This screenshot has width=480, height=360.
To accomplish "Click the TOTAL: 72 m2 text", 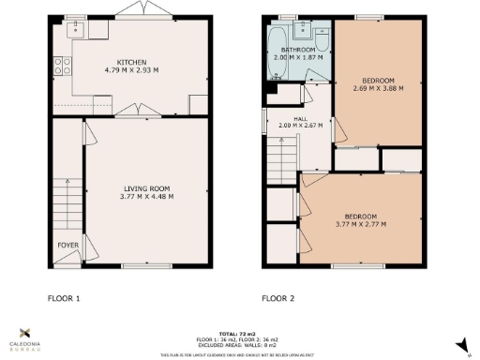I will [239, 334].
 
